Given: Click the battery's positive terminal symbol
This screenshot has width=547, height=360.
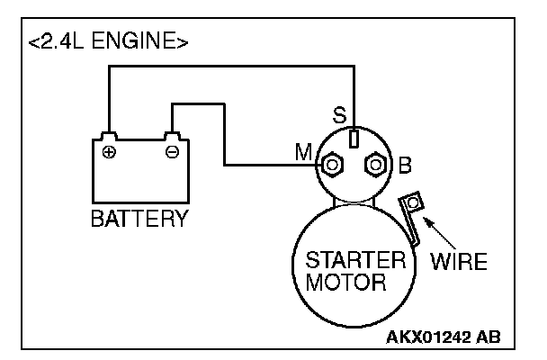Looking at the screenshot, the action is coord(109,152).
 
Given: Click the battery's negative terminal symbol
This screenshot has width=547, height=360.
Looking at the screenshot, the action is coord(172,152).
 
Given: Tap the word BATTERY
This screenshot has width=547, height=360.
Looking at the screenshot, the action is coord(139,219).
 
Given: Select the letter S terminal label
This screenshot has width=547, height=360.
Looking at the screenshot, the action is coord(339,115).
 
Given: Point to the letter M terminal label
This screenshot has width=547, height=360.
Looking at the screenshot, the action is coord(303,152).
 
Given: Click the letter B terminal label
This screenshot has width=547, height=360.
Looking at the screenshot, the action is coord(405,165).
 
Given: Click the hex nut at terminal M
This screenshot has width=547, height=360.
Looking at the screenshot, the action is coord(332,165).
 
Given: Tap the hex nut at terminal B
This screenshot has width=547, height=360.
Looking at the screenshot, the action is coord(375,165).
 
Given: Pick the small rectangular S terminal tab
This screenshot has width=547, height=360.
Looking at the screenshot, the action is coord(354,139).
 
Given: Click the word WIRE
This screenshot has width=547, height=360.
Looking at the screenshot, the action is coord(459,261).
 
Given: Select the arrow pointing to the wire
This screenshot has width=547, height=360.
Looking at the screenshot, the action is coord(440,233).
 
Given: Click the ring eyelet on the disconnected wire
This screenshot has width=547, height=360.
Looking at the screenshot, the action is coord(413,202).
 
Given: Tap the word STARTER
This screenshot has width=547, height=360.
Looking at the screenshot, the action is coord(356,260).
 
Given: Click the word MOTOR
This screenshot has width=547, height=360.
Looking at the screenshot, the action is coord(345,282).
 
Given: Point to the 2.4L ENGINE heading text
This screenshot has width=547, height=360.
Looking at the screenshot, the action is coord(108,40).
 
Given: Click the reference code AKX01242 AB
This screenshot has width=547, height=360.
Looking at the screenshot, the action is coord(443,337).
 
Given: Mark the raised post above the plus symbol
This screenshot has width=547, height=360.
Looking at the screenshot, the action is coord(109,136).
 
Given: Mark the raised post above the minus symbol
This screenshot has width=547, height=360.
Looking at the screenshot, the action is coord(172,136).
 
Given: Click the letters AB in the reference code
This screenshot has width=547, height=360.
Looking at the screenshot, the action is coord(489,337).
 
